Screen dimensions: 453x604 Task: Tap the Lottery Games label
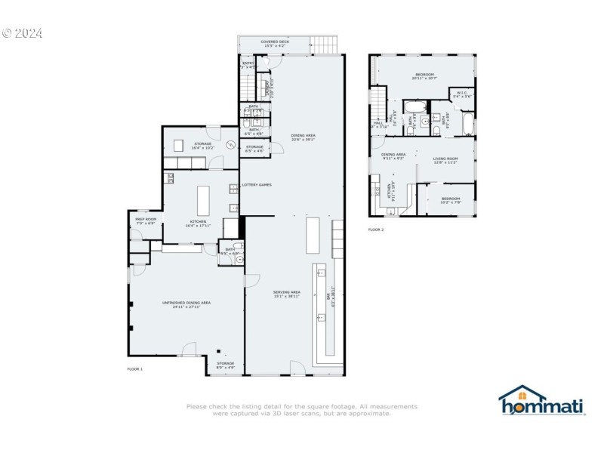(257, 185)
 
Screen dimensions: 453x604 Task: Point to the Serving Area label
(287, 294)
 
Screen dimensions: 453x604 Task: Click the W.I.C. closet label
(461, 95)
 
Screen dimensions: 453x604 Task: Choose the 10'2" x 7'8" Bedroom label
(451, 200)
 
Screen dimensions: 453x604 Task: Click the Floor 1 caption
(134, 368)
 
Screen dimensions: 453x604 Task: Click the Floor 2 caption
(376, 230)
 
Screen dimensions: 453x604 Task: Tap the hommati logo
(541, 402)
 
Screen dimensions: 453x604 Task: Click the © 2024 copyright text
(22, 33)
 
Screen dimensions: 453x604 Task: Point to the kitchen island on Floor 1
(202, 202)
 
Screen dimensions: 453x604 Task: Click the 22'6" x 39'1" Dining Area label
(304, 137)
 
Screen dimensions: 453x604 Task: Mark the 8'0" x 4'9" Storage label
(226, 365)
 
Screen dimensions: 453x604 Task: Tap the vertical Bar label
(328, 300)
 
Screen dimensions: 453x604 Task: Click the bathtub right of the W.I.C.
(468, 123)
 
